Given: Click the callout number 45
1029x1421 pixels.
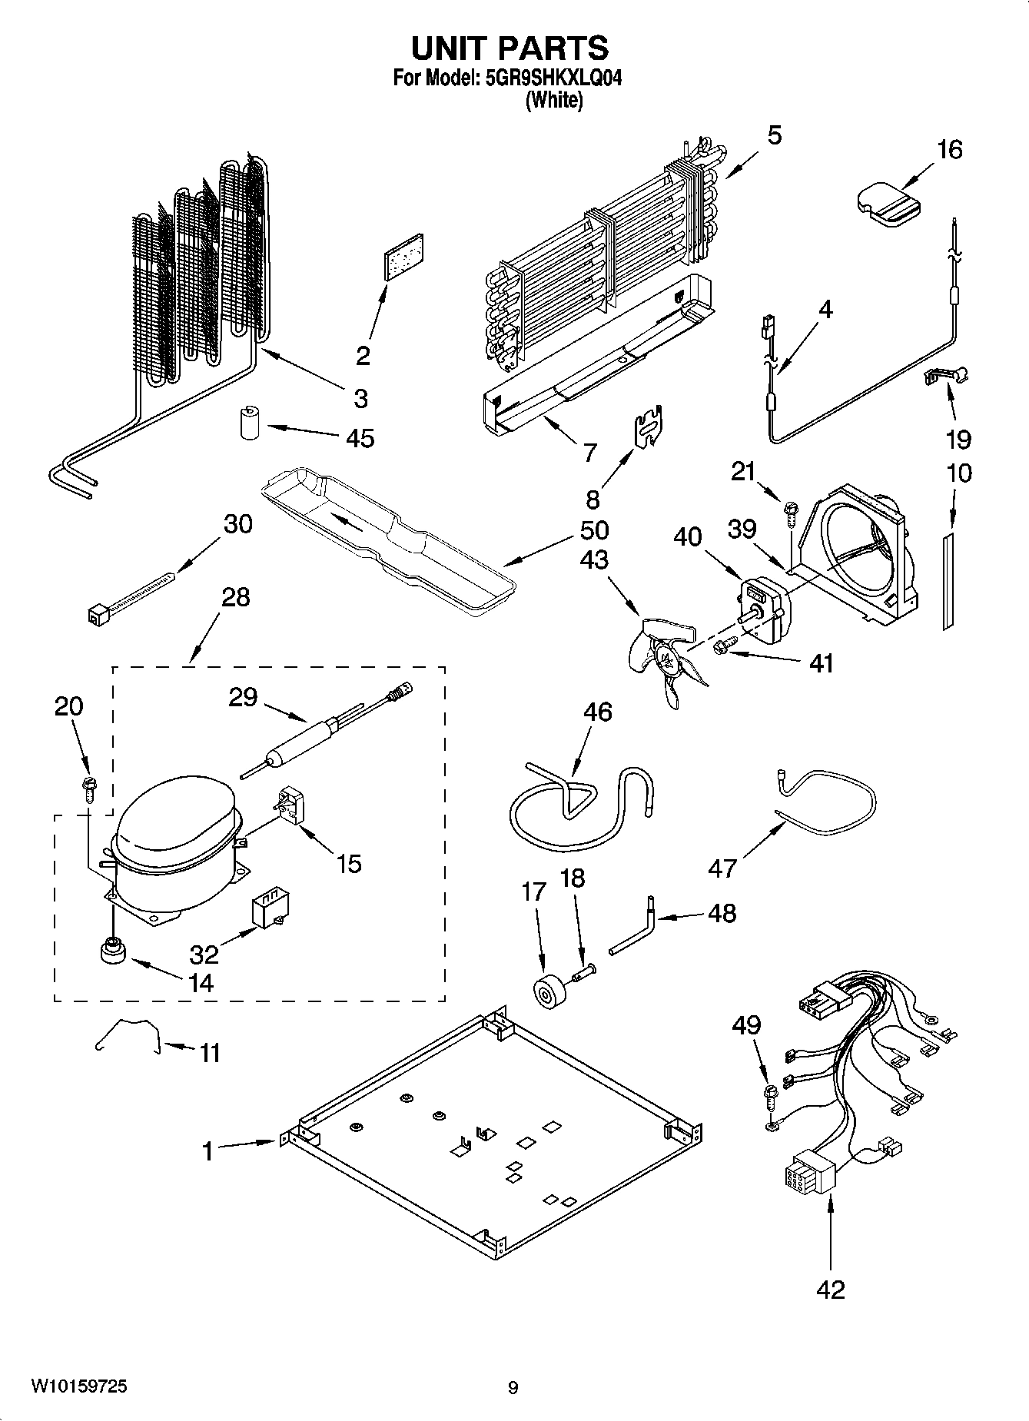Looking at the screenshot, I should pyautogui.click(x=360, y=438).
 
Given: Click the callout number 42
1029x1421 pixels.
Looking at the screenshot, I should pyautogui.click(x=831, y=1288).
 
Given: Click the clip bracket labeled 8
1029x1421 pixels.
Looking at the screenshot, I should pyautogui.click(x=649, y=427).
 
